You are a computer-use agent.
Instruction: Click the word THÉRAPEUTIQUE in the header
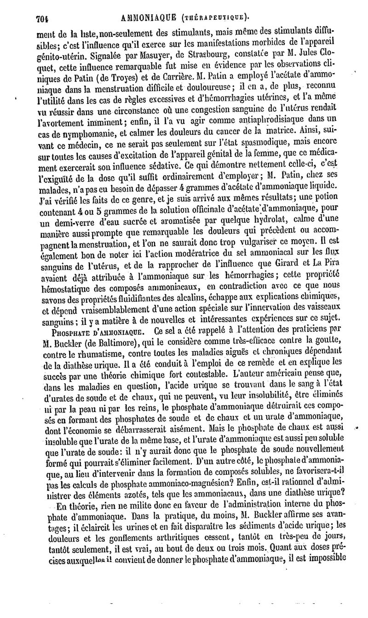pyautogui.click(x=215, y=18)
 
